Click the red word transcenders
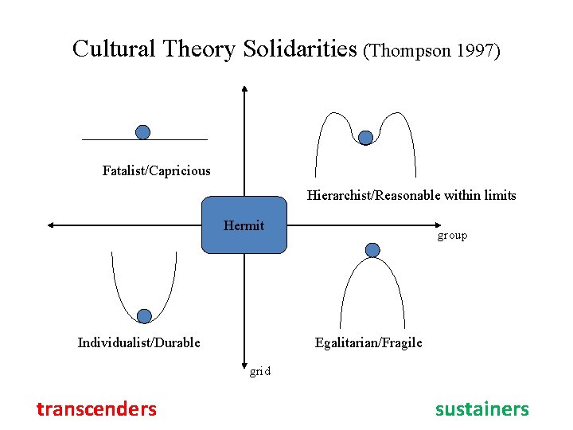coord(96,409)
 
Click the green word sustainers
coord(481,409)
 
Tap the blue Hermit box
coord(244,225)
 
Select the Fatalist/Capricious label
coord(157,170)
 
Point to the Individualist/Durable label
coord(139,342)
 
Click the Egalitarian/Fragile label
coord(368,342)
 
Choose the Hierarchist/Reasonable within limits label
coord(411,195)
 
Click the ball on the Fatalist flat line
coord(142,132)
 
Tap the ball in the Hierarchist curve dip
coord(365,138)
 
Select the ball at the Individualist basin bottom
coord(144,316)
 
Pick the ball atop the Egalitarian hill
coord(372,250)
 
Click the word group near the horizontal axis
coord(452,236)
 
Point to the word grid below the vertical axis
coord(259,370)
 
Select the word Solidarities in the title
coord(299,49)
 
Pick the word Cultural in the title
coord(114,49)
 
